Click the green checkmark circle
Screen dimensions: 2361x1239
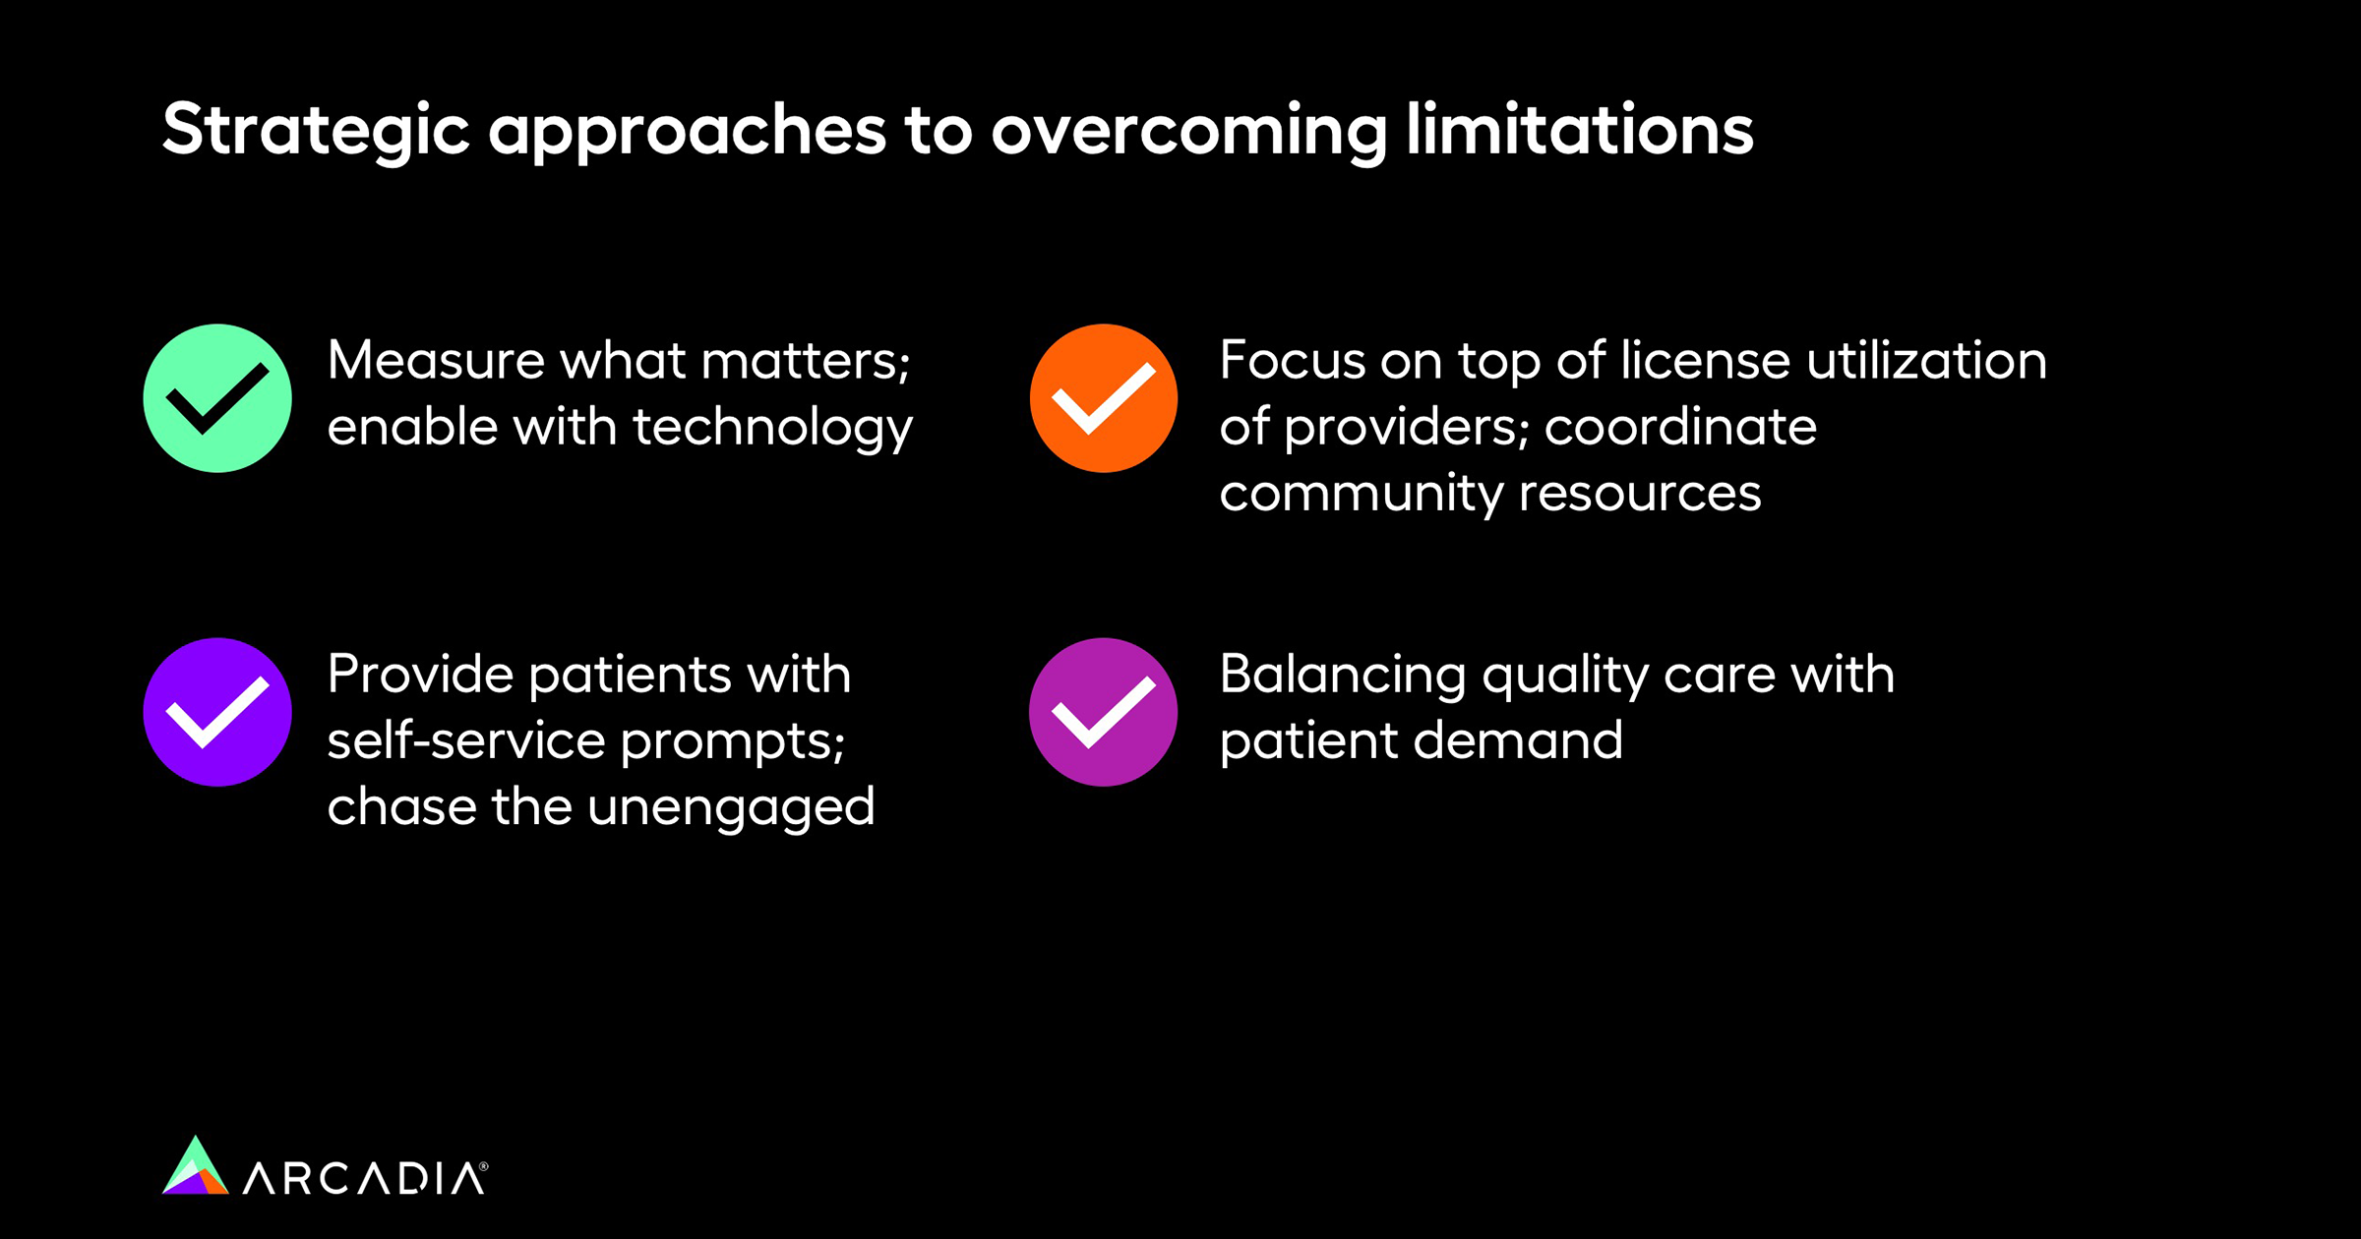click(217, 398)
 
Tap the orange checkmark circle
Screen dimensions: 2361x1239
click(1104, 398)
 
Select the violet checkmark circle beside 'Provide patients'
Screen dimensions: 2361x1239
click(217, 712)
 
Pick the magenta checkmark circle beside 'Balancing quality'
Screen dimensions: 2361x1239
click(1104, 712)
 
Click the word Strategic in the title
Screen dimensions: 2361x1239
click(316, 132)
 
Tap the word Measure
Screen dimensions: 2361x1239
click(436, 360)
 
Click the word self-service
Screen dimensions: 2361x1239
click(466, 739)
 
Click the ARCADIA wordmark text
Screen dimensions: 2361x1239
click(364, 1178)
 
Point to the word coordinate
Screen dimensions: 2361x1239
click(1680, 427)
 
